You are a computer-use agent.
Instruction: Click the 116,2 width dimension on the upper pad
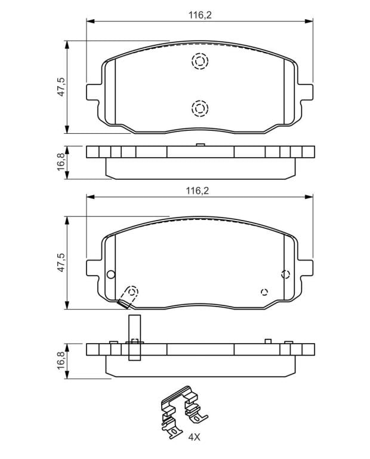click(x=199, y=15)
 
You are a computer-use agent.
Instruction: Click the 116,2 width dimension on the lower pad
click(x=198, y=191)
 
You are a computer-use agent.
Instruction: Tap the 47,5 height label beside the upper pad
click(x=61, y=87)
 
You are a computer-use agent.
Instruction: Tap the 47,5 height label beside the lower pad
click(x=61, y=262)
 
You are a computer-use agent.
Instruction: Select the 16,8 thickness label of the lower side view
click(x=61, y=360)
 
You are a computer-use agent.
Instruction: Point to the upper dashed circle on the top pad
click(x=200, y=61)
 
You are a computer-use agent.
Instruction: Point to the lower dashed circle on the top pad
click(x=200, y=109)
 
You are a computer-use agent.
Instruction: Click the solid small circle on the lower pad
click(x=111, y=274)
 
